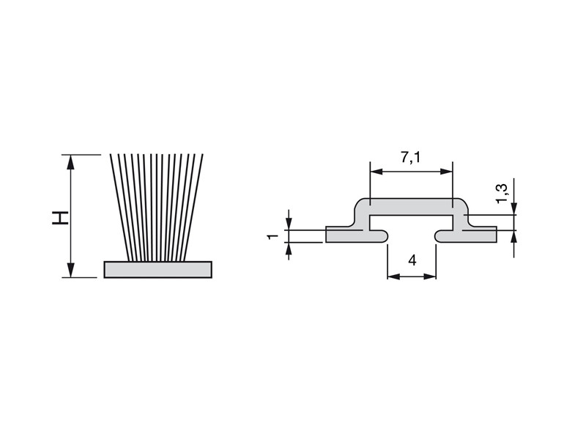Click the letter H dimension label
click(x=60, y=218)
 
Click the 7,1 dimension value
click(x=411, y=158)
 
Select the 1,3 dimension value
click(x=502, y=194)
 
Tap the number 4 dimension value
click(x=412, y=260)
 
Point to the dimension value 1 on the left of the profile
click(x=273, y=236)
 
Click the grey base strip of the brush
click(x=157, y=270)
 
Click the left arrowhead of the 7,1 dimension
click(x=377, y=172)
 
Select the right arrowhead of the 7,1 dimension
click(x=445, y=172)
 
